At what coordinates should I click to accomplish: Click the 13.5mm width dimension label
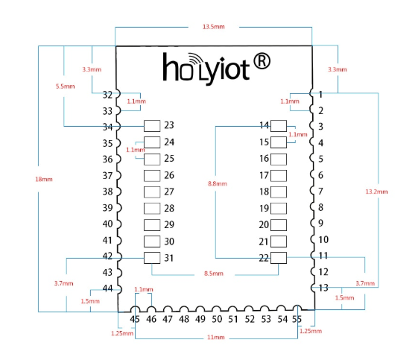[x=214, y=27]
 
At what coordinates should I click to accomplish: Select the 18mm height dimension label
[x=44, y=179]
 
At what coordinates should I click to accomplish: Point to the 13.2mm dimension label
[x=376, y=192]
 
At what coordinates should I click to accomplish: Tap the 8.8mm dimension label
[x=218, y=183]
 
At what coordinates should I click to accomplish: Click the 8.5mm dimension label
[x=214, y=274]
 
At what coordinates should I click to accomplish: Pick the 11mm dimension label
[x=216, y=337]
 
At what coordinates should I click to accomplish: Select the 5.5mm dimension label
[x=65, y=86]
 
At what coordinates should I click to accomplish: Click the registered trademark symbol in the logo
[x=262, y=61]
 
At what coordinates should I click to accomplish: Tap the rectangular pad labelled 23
[x=152, y=126]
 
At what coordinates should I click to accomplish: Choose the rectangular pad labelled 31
[x=152, y=258]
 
